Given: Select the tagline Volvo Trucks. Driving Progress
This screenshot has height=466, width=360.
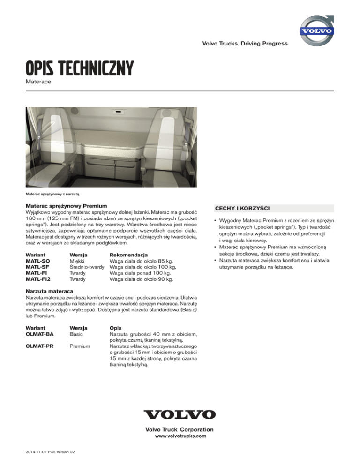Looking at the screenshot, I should coord(245,44).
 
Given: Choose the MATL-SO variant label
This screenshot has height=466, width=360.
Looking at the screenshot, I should coord(37,261).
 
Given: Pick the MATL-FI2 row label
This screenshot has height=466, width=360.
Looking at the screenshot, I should coord(37,280).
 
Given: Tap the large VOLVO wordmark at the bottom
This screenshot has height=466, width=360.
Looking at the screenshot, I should coord(180,414).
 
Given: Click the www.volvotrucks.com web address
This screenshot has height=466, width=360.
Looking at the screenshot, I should coord(180,436).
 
